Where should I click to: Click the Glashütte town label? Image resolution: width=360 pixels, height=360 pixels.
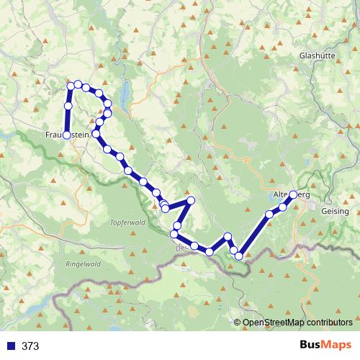(318, 55)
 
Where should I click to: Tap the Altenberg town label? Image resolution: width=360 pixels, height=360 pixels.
(292, 194)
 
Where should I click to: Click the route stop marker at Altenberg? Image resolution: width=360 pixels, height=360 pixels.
(293, 194)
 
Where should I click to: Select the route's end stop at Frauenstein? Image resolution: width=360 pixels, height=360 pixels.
(66, 135)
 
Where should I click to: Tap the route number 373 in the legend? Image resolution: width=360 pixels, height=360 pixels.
(31, 346)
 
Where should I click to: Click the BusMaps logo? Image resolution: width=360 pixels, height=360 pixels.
(323, 346)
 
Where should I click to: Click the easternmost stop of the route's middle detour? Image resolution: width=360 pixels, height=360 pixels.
(191, 200)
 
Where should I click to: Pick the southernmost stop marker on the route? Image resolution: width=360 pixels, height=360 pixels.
(239, 256)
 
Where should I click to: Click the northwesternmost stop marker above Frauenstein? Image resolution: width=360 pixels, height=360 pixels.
(71, 86)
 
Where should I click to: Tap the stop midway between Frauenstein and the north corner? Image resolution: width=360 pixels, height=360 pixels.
(68, 106)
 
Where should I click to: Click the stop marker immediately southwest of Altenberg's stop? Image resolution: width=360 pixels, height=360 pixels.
(283, 207)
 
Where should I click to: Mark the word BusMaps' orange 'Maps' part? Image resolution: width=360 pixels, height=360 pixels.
(335, 346)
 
